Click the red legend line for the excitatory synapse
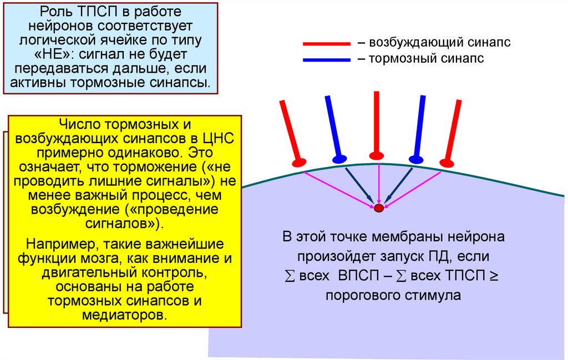click(x=326, y=43)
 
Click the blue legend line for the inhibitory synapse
click(x=326, y=59)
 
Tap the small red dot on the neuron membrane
click(x=379, y=208)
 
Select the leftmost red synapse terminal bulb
click(x=299, y=162)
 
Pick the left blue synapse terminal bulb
click(x=339, y=158)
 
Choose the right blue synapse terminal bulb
click(x=415, y=158)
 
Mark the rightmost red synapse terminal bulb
click(x=447, y=163)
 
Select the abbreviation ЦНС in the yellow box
click(x=221, y=138)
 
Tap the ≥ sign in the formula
click(x=494, y=275)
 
